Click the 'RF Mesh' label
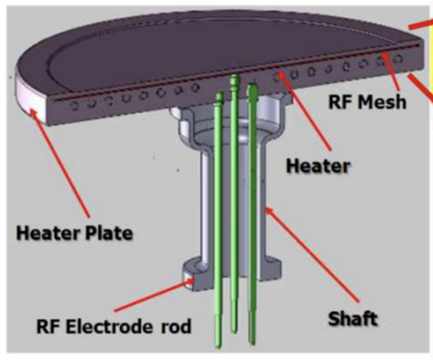tap(368, 101)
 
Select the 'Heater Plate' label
tap(74, 234)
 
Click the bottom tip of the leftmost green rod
tap(218, 343)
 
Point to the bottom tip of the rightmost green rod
tap(252, 341)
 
